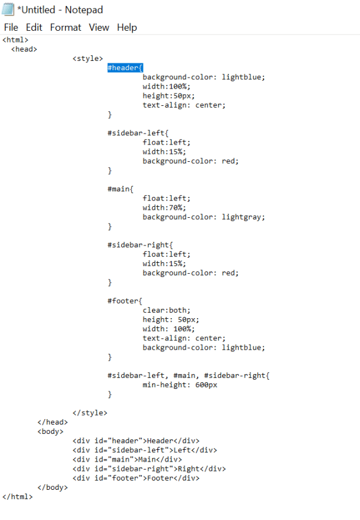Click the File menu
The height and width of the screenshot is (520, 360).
click(x=11, y=27)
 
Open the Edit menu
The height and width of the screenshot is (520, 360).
click(x=34, y=27)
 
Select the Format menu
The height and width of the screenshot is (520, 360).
click(x=65, y=27)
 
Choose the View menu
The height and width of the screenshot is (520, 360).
click(x=99, y=27)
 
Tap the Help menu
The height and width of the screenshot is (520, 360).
click(x=127, y=27)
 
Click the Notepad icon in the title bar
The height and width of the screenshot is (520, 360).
click(x=8, y=9)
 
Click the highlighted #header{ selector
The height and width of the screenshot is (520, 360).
click(x=126, y=68)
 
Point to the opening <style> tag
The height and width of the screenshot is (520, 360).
click(x=88, y=58)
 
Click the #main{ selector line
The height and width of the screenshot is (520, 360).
click(x=121, y=189)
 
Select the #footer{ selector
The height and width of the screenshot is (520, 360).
click(x=125, y=301)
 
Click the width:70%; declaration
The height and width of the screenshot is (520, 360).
click(x=164, y=207)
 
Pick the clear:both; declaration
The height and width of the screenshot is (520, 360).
click(x=166, y=310)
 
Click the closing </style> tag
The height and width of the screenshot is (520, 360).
click(x=90, y=413)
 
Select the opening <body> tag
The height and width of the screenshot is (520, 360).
click(x=50, y=431)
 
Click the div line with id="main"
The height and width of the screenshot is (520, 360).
click(x=127, y=459)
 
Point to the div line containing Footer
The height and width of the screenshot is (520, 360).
click(x=136, y=478)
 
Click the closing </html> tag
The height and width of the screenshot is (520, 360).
click(x=18, y=497)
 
